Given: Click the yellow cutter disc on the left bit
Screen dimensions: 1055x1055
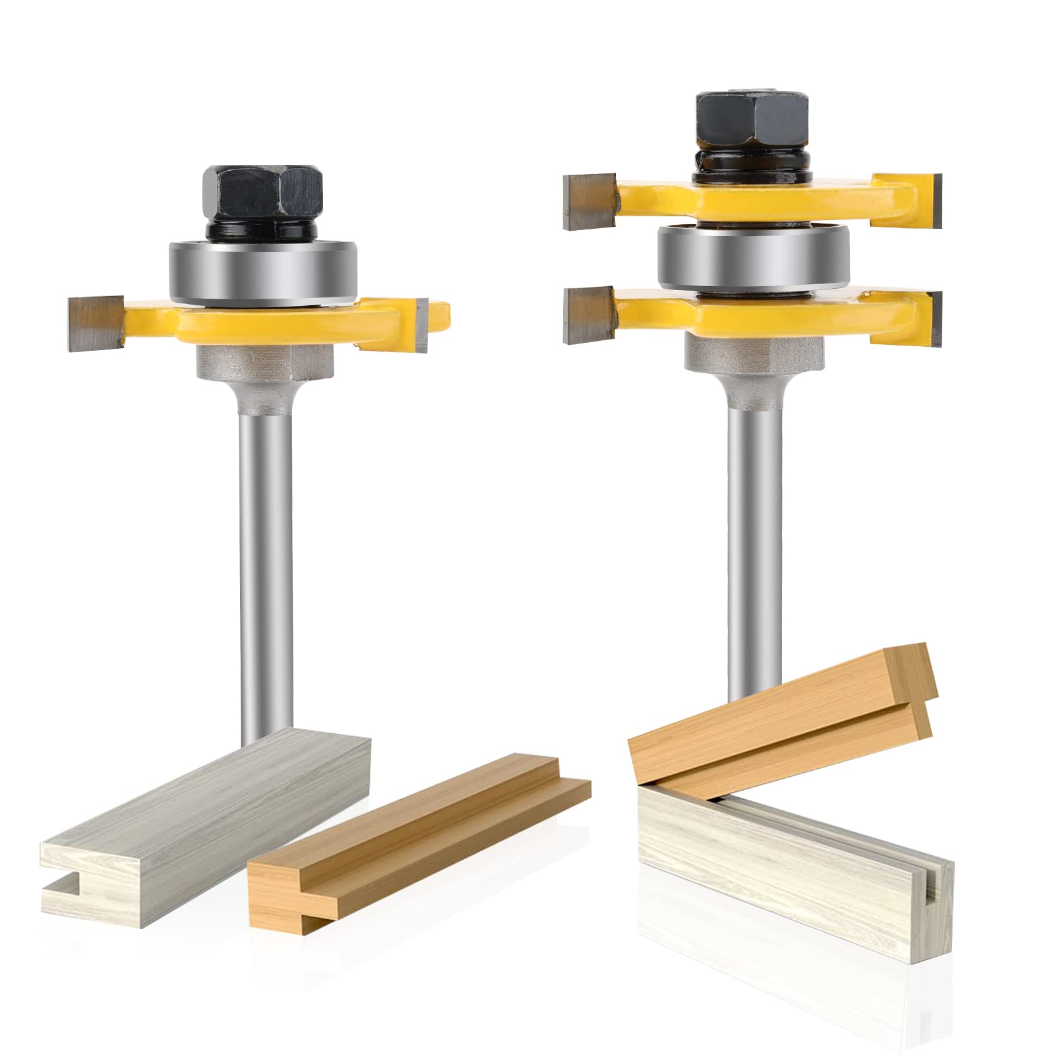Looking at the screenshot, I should (264, 323).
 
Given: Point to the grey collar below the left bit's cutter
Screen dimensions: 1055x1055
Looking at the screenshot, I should (264, 363).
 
